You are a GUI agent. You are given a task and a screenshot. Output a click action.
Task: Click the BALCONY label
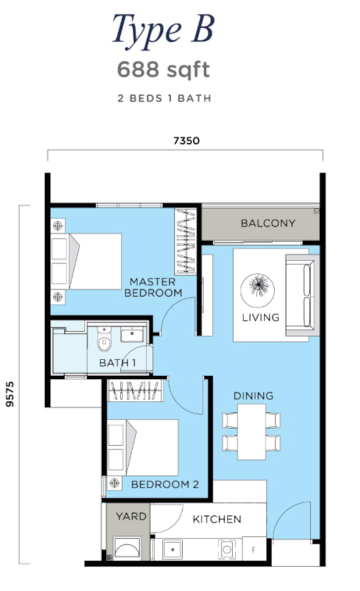coord(267,223)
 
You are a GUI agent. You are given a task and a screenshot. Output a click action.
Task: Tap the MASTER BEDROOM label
coord(153,287)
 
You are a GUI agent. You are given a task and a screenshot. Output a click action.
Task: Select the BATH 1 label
coord(117,362)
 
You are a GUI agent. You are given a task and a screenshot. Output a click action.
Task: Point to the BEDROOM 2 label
coord(164,484)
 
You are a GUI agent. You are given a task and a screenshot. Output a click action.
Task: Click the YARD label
coord(131,516)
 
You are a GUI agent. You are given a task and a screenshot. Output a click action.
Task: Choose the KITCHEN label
coord(217,519)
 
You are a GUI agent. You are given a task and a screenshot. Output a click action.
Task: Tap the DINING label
coord(253,396)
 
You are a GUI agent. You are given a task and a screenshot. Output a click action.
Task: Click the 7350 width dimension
coord(186,140)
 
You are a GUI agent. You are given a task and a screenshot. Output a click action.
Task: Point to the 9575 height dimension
coord(10,394)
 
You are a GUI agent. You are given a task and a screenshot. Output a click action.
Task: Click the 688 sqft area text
coord(163,69)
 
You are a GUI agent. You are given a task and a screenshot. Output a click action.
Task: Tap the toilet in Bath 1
coord(104,339)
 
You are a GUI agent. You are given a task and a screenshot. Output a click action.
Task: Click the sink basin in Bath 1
coord(132,334)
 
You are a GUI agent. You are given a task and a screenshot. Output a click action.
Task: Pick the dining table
coord(251,432)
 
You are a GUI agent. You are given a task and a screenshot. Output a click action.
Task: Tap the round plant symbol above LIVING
coord(258,290)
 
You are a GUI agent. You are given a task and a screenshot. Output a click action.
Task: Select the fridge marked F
coord(253,549)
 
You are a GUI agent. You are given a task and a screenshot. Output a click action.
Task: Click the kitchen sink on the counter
coord(172,549)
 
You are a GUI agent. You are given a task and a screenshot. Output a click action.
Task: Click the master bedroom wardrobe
coord(185,241)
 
